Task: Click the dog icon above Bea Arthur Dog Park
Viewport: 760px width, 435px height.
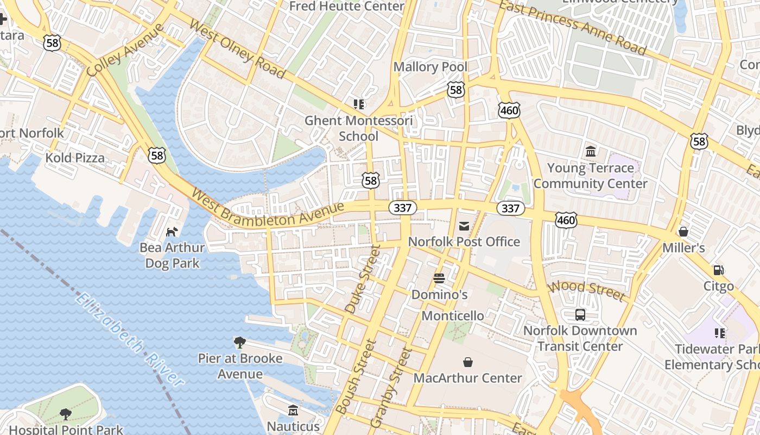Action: [x=172, y=232]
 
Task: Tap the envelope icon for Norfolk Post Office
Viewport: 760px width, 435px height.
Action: [x=464, y=226]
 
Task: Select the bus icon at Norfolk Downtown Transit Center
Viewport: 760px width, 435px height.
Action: [x=580, y=315]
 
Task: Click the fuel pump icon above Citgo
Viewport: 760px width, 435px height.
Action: [x=718, y=270]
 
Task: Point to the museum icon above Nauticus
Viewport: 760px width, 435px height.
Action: [x=293, y=410]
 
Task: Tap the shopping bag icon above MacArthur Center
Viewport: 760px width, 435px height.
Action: [x=467, y=362]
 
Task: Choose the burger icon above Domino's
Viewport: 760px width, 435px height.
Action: [x=439, y=278]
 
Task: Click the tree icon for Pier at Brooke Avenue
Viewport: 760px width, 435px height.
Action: [x=239, y=343]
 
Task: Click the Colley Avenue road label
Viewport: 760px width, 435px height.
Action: [x=125, y=50]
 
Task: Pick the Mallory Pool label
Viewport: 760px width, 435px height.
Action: [x=430, y=67]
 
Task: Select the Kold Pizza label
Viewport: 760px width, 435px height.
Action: [x=75, y=158]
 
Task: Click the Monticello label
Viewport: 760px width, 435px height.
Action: [x=453, y=316]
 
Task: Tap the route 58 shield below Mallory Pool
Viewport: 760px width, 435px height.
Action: [x=456, y=90]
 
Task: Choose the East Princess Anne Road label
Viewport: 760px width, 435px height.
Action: [x=573, y=27]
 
